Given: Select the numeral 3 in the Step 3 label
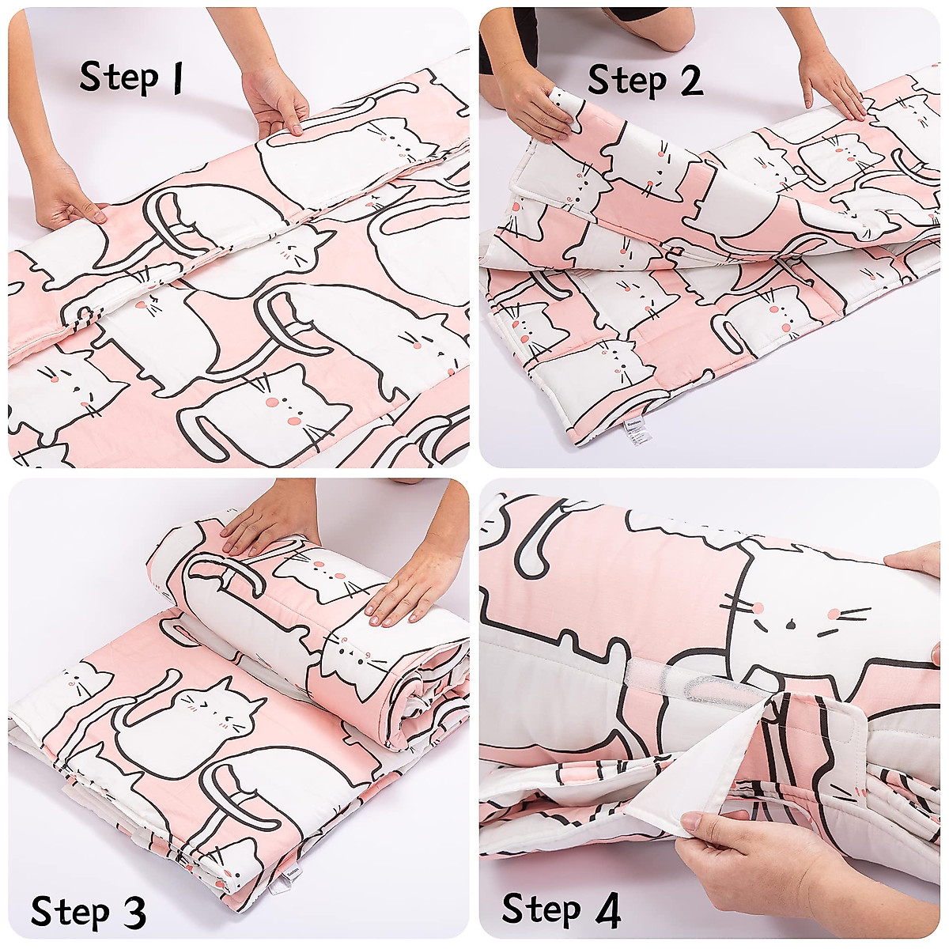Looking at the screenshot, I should pyautogui.click(x=132, y=911).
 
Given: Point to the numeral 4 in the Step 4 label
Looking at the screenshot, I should pyautogui.click(x=607, y=909).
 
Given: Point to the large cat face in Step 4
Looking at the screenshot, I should pyautogui.click(x=799, y=617).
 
